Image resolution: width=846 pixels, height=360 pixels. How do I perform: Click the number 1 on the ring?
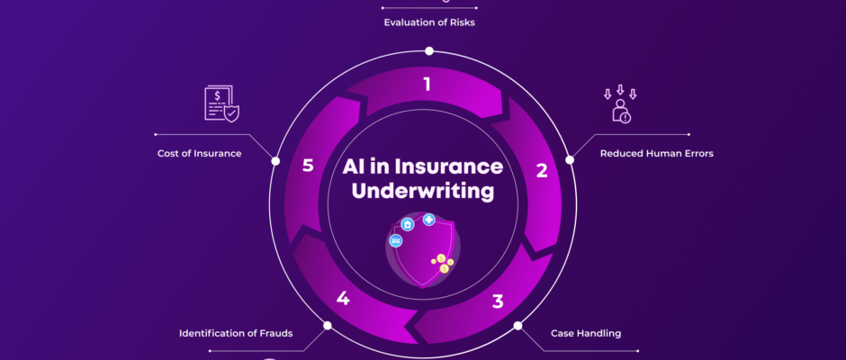click(427, 85)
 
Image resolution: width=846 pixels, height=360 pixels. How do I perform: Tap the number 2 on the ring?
click(542, 170)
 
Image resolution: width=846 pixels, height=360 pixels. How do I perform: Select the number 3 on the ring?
click(497, 301)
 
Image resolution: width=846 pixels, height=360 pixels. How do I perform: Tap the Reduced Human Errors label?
click(656, 153)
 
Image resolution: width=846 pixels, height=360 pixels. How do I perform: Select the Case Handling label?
click(586, 333)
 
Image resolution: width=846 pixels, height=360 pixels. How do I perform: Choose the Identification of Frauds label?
click(236, 334)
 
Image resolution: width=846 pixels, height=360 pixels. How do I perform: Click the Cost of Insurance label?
click(199, 153)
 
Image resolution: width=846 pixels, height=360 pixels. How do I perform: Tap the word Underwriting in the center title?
click(423, 191)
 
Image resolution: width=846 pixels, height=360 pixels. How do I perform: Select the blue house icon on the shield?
click(407, 224)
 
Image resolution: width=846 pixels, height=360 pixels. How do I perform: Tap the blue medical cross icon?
click(429, 219)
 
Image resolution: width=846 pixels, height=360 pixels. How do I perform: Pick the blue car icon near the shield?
click(395, 240)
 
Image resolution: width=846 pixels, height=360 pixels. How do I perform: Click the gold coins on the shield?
click(441, 262)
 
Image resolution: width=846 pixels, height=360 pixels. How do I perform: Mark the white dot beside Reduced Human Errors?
click(569, 159)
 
